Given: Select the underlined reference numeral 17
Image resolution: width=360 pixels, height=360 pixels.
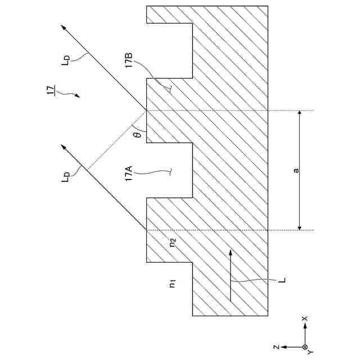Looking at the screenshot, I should tap(51, 89).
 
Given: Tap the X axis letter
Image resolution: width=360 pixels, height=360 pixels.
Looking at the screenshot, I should tap(305, 318).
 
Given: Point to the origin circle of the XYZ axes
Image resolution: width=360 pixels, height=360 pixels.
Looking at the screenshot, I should tap(305, 346).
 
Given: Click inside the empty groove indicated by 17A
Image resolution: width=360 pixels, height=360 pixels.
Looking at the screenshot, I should tap(169, 170).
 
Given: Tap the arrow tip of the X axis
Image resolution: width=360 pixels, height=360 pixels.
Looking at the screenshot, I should tap(305, 327).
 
